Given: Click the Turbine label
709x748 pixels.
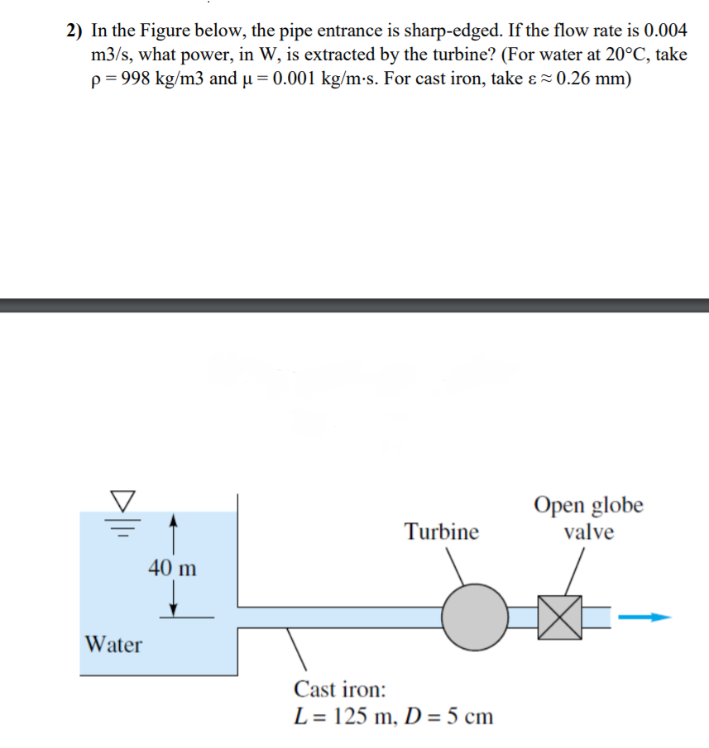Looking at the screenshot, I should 441,531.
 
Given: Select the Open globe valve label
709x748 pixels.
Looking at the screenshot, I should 588,518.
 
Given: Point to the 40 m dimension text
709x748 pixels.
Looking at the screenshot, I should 173,568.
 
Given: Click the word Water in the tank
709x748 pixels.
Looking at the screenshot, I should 114,645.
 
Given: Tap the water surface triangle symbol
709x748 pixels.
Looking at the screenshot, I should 122,500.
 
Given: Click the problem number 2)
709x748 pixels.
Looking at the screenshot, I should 75,31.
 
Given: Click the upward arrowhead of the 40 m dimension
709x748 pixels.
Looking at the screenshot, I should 173,521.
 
